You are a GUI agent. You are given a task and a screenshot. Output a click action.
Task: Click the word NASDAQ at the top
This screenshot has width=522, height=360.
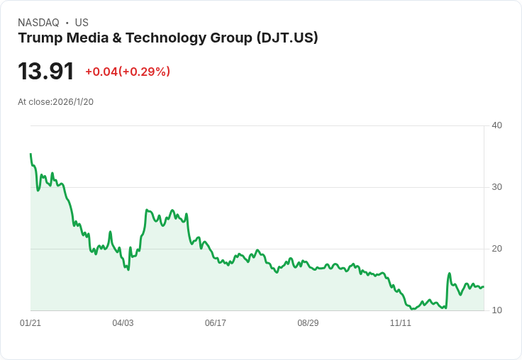[x=38, y=23]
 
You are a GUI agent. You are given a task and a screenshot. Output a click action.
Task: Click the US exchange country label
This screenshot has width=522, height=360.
[x=82, y=23]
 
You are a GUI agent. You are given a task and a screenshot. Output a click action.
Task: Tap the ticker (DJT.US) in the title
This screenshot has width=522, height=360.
[x=288, y=38]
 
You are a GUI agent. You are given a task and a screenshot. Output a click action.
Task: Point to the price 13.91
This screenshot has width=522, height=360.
[x=46, y=71]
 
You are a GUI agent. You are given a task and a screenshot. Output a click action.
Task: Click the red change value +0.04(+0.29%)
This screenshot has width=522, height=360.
[x=128, y=72]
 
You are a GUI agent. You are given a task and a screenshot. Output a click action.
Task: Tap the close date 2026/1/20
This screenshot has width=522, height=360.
[x=73, y=102]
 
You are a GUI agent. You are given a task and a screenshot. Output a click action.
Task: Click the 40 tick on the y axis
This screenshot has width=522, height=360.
[x=496, y=125]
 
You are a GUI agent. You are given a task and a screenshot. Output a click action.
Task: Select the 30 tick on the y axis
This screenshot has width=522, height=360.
[x=496, y=187]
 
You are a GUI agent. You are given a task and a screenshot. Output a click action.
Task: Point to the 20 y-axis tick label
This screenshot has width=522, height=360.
[x=496, y=249]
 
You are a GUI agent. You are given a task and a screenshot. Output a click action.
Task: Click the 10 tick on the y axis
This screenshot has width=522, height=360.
[x=496, y=310]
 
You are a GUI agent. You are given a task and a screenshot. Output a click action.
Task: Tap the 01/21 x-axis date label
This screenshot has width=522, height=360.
[x=30, y=323]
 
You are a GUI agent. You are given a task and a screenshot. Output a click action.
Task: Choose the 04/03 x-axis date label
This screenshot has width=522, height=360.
[x=123, y=323]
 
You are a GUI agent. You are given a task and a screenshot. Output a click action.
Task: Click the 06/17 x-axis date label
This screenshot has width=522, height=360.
[x=216, y=323]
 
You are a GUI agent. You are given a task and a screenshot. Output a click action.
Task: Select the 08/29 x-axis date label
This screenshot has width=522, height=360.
[x=308, y=323]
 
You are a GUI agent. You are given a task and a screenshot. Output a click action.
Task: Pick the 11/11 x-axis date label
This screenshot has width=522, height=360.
[x=401, y=323]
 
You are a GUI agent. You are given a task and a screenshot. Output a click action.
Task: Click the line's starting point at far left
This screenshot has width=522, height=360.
[x=30, y=154]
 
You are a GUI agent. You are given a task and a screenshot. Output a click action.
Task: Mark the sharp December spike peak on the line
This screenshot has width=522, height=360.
[x=450, y=274]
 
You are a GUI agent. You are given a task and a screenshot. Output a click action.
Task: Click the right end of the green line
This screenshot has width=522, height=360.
[x=484, y=286]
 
